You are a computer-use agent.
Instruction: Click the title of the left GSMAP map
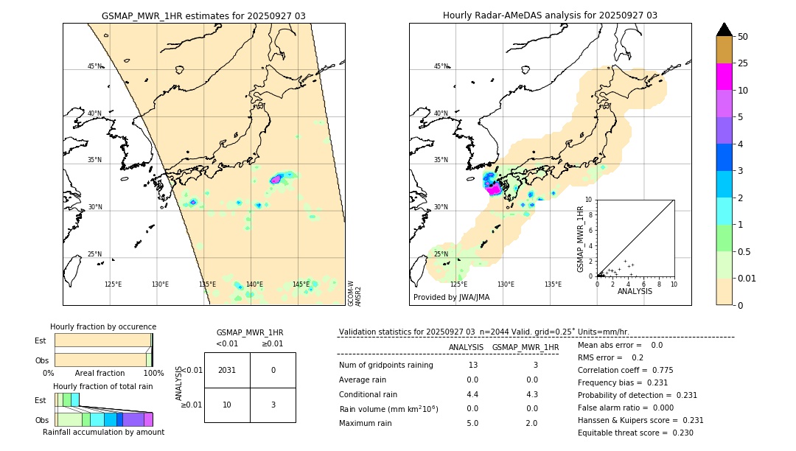coord(203,15)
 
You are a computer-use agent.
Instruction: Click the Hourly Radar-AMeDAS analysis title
coord(550,15)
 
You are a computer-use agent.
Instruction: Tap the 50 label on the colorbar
coord(743,37)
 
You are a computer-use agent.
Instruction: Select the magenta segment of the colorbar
coord(724,77)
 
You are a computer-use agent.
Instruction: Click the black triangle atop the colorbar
coord(724,29)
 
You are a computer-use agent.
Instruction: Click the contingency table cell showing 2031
coord(227,370)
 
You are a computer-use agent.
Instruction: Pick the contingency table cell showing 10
coord(227,405)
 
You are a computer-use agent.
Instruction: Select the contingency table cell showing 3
coord(273,405)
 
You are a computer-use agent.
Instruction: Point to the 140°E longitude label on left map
coord(254,284)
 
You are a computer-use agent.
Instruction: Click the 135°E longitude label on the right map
coord(553,284)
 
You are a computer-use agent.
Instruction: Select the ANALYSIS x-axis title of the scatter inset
coord(635,291)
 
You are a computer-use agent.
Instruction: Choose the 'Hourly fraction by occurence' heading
coord(103,326)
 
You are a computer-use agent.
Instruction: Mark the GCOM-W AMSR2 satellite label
coord(355,292)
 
